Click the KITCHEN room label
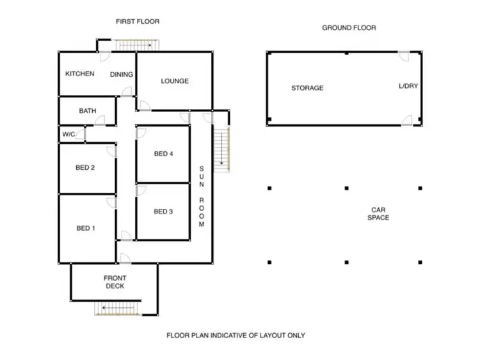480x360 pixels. [79, 74]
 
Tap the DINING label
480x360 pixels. [122, 75]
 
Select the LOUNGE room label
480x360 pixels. [175, 81]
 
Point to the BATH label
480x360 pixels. [88, 111]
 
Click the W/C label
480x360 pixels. [68, 135]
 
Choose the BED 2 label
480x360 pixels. [85, 168]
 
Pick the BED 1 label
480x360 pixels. [85, 229]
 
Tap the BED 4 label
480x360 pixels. [163, 154]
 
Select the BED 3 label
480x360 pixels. [163, 212]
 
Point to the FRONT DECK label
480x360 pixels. [115, 282]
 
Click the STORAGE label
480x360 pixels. [307, 88]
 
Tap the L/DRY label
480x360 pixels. [408, 86]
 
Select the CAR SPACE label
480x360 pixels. [379, 214]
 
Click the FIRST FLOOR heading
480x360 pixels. [138, 22]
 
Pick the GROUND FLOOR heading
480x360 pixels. [349, 28]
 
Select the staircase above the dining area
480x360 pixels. [135, 45]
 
